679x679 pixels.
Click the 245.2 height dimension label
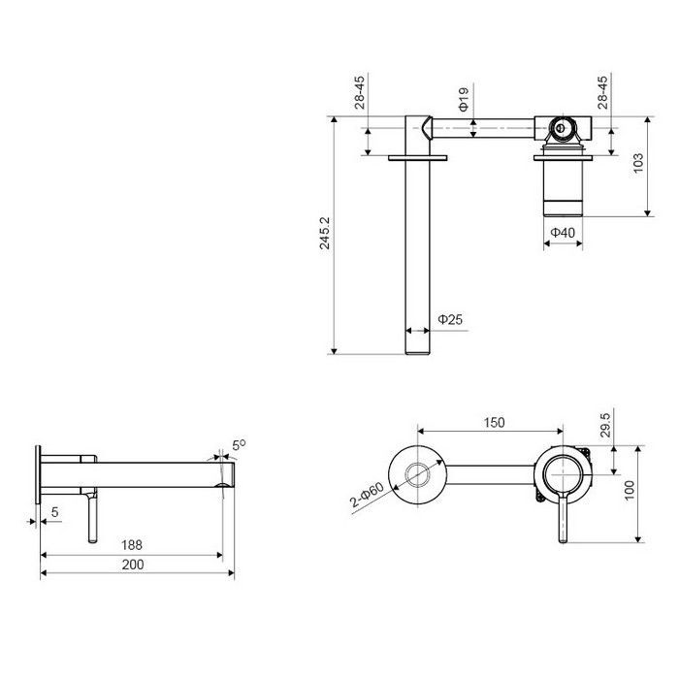point(325,233)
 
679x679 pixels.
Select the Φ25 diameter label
point(450,319)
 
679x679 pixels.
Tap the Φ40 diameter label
point(563,233)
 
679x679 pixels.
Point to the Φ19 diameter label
point(464,99)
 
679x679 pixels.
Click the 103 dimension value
point(638,163)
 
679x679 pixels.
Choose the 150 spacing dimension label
point(494,422)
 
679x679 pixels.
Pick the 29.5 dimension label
point(605,425)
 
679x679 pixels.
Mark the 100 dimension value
point(630,490)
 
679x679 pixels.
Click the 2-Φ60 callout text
point(368,495)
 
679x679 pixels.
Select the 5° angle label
point(239,444)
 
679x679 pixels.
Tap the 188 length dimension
point(132,545)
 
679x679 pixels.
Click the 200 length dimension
point(133,565)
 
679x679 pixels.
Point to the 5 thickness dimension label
point(54,512)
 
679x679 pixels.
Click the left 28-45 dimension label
point(360,92)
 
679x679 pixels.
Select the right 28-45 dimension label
point(602,92)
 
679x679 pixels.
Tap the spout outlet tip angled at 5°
point(235,474)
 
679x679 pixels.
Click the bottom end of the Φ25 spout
point(417,354)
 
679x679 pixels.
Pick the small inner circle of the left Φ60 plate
point(417,474)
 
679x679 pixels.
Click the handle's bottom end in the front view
point(562,540)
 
